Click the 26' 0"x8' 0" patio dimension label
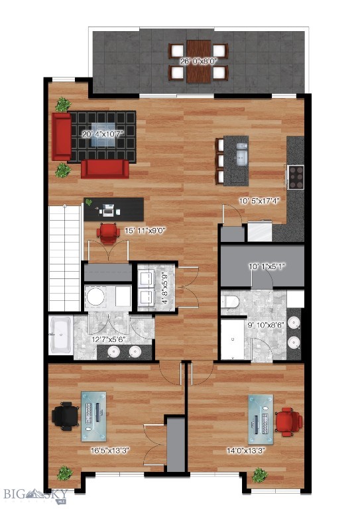pos(198,61)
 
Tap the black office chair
pos(65,416)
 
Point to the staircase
pos(64,258)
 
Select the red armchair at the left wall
pos(61,137)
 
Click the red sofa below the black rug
pos(105,168)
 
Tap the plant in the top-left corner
pos(64,104)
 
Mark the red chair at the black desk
pos(107,231)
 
